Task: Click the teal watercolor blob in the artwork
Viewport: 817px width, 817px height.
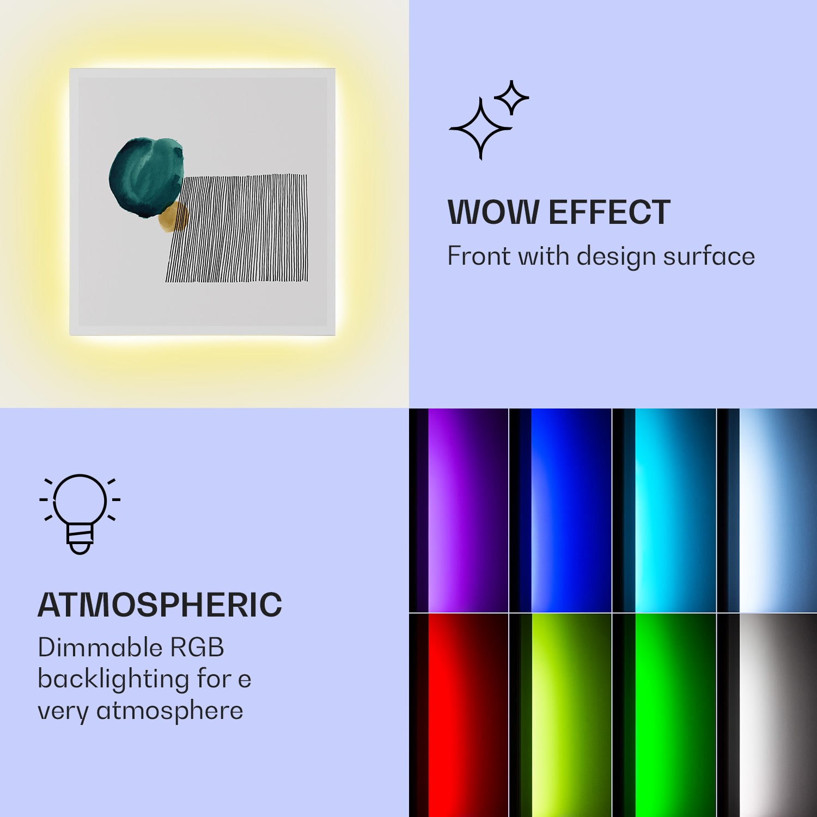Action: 146,178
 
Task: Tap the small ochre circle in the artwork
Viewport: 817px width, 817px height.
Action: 173,217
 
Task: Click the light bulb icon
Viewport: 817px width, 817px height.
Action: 80,514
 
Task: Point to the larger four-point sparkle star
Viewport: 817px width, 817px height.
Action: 480,129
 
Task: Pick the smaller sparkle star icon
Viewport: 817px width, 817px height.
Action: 511,98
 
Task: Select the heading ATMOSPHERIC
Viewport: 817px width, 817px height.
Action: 160,605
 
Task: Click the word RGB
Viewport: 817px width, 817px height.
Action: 197,648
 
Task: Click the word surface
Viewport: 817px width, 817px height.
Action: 709,256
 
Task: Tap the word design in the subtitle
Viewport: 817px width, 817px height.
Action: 615,257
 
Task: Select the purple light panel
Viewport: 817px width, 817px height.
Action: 459,510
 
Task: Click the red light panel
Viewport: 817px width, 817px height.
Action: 459,715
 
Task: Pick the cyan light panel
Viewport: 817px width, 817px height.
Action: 664,510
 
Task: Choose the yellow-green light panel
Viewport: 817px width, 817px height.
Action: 561,715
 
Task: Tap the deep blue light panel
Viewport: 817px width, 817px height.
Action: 561,510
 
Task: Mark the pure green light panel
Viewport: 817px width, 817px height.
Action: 664,715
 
